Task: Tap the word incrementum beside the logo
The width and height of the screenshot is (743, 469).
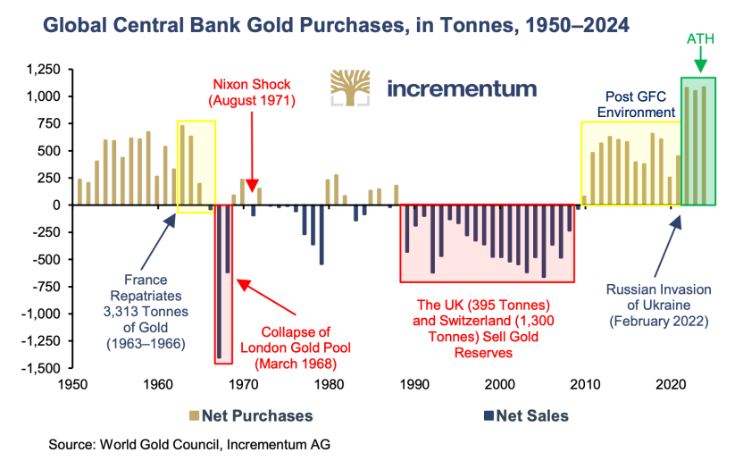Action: (462, 88)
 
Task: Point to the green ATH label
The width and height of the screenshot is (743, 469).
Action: (700, 40)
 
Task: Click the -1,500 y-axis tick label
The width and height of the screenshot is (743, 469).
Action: (41, 368)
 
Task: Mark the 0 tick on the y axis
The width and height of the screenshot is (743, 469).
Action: (55, 205)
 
